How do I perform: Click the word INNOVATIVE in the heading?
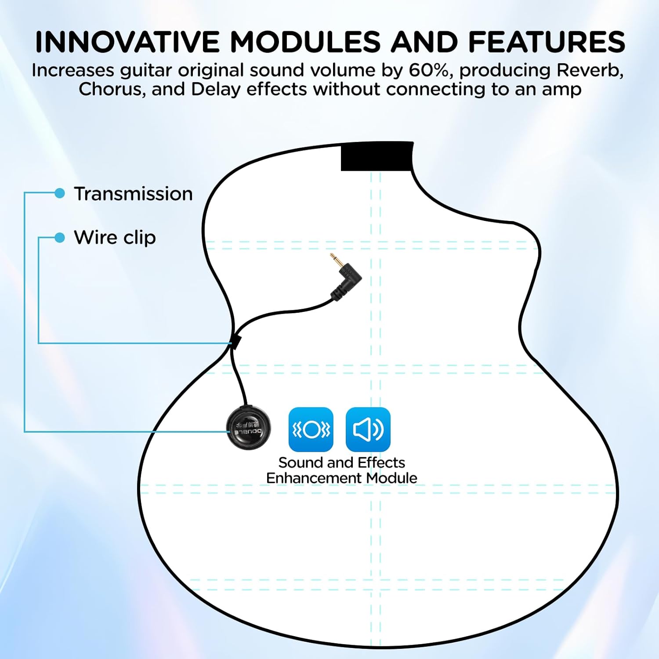[x=127, y=42]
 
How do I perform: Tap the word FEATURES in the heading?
[x=547, y=42]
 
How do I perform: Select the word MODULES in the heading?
[x=305, y=42]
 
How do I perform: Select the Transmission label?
[x=133, y=194]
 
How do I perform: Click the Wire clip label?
[x=115, y=238]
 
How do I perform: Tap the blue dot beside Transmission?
[x=60, y=193]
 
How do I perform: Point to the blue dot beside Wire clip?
[x=60, y=238]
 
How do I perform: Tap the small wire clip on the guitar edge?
[x=236, y=342]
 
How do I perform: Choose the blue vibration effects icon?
[x=311, y=429]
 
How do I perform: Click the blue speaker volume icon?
[x=368, y=429]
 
